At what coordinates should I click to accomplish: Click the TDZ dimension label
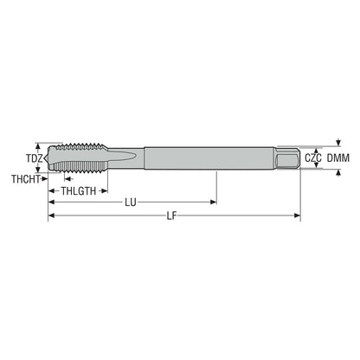click(35, 158)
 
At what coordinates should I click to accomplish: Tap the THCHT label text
click(26, 179)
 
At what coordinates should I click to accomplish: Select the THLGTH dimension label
click(78, 191)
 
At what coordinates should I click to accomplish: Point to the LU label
click(131, 202)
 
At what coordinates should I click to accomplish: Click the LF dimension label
click(171, 215)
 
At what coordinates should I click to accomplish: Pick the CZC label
click(313, 157)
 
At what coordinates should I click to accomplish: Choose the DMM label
click(338, 157)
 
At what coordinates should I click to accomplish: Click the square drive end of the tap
click(287, 158)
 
